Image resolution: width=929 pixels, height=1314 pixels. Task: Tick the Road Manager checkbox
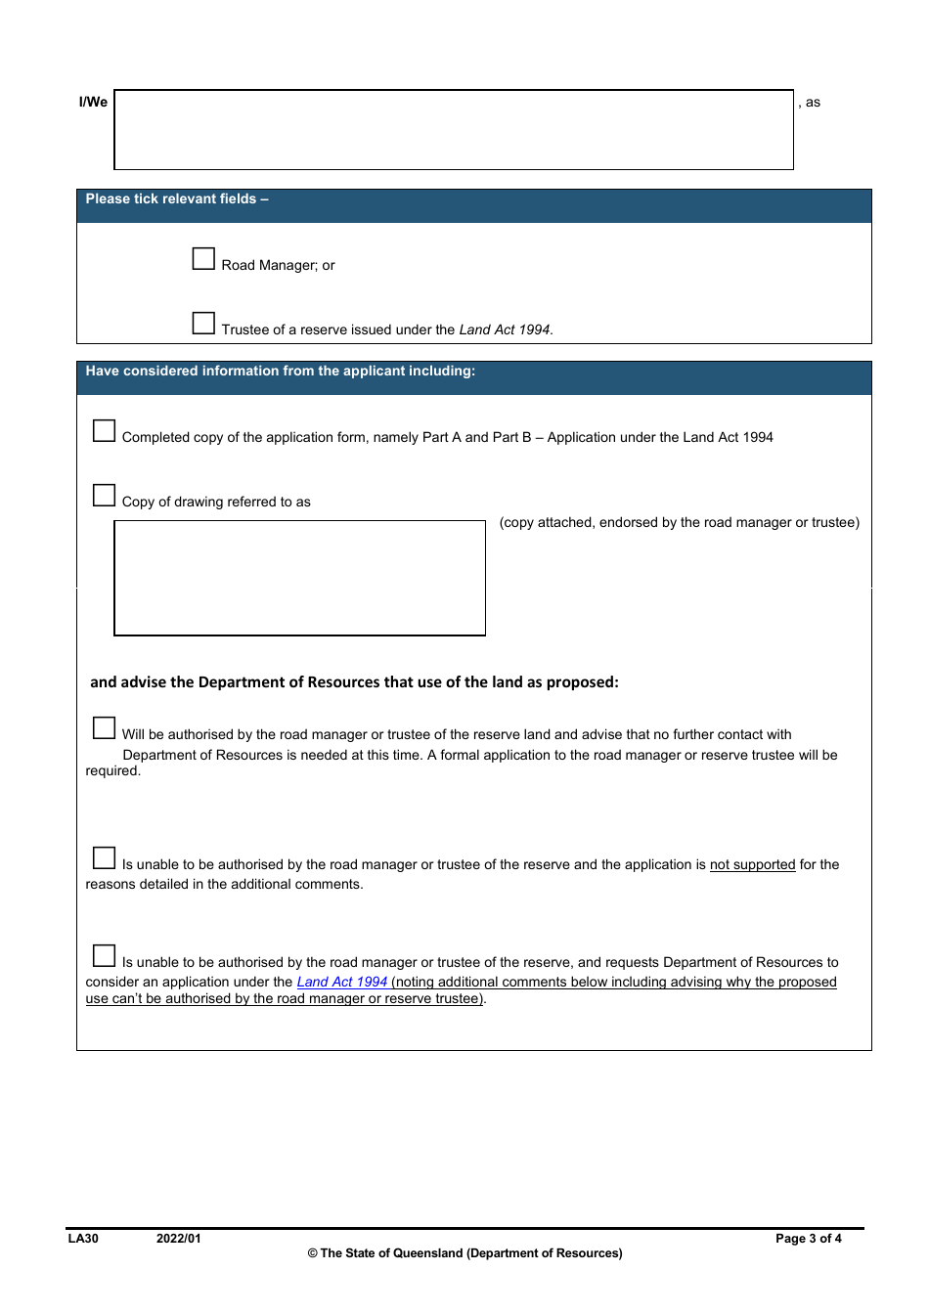pos(203,259)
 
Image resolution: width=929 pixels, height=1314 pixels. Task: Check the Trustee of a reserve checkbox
pos(203,324)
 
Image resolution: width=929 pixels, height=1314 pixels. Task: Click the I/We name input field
pos(454,130)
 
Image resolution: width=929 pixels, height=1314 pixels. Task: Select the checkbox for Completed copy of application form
pos(104,431)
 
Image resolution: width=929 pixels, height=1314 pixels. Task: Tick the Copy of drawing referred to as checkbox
pos(104,496)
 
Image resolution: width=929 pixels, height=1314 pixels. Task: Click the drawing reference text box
pos(299,578)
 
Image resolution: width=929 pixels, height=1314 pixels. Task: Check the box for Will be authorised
pos(104,728)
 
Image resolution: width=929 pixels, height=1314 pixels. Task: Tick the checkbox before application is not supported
pos(104,858)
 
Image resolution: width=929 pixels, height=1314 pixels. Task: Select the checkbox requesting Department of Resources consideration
pos(104,956)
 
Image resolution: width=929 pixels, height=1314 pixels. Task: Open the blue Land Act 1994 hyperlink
pos(342,982)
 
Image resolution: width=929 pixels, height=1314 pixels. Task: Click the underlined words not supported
pos(752,864)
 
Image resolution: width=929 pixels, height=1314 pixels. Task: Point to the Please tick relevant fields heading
pos(177,198)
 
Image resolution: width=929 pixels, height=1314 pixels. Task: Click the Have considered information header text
pos(281,371)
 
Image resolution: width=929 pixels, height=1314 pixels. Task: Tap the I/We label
pos(93,102)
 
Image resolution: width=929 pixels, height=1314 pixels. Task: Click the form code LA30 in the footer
pos(83,1239)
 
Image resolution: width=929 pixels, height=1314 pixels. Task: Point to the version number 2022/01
pos(178,1239)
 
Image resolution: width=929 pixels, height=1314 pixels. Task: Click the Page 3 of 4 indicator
pos(808,1239)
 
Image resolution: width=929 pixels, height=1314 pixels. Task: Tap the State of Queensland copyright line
pos(464,1253)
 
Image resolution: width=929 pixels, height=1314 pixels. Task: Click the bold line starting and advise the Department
pos(354,682)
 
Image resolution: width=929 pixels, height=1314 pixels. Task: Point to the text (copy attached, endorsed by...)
pos(679,523)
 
